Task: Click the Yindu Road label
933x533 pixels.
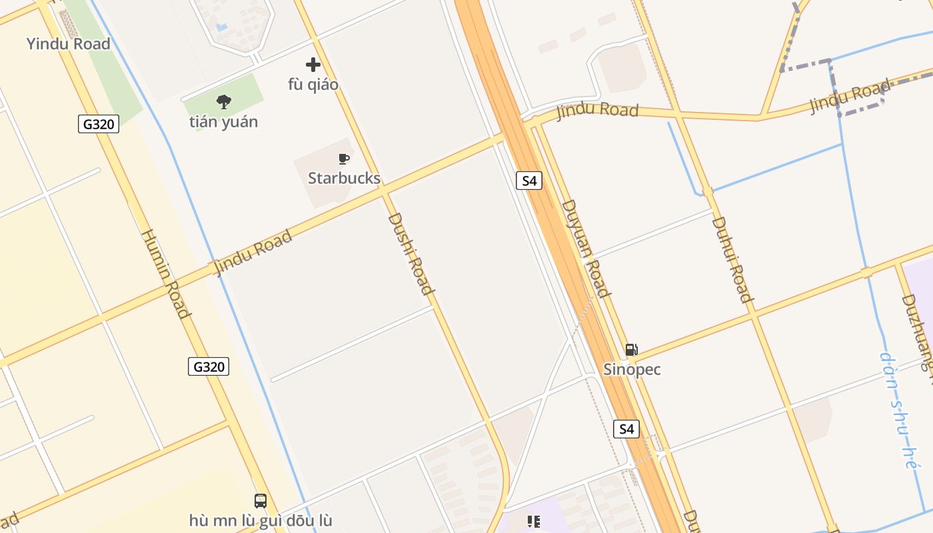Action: tap(68, 44)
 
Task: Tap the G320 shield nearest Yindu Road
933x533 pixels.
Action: tap(99, 124)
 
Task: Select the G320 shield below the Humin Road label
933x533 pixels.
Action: tap(209, 366)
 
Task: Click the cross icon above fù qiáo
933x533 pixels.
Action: tap(313, 65)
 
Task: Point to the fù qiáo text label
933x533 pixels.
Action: tap(313, 85)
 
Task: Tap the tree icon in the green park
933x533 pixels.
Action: tap(224, 102)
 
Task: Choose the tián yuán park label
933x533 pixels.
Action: tap(223, 122)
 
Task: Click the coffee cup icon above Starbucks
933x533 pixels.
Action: tap(344, 159)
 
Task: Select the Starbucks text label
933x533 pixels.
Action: tap(344, 178)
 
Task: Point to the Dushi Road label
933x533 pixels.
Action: tap(411, 253)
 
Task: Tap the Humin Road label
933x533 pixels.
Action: tap(166, 273)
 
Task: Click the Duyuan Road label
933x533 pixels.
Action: tap(586, 248)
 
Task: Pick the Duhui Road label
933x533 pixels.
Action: tap(732, 259)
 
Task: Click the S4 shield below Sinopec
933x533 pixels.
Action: tap(626, 428)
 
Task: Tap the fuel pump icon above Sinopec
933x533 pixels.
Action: tap(631, 349)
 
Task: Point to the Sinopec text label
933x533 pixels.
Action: tap(632, 369)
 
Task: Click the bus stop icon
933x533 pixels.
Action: tap(261, 500)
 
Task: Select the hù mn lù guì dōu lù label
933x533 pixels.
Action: tap(261, 520)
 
